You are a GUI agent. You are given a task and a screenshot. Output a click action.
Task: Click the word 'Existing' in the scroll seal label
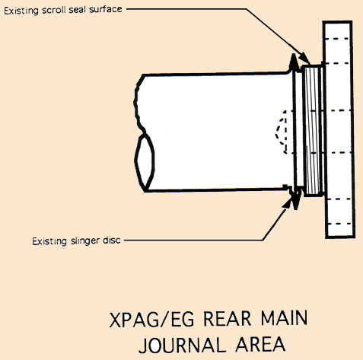coord(21,11)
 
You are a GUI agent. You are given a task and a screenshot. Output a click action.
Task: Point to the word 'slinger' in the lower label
coord(85,241)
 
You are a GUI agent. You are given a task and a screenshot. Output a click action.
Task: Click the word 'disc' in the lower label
coord(111,241)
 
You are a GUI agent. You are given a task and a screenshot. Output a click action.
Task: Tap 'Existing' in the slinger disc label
coord(49,241)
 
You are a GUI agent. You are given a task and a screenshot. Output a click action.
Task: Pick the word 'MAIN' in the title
coord(284,317)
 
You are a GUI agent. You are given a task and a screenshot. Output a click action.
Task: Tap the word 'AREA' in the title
coord(260,344)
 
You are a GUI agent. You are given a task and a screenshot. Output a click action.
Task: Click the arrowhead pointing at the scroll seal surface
coord(304,58)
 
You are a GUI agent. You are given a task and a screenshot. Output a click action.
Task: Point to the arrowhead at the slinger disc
coord(287,203)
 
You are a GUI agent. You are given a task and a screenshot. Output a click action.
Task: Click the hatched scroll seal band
coord(312,130)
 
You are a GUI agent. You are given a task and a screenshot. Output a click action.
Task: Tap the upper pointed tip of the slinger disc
coord(294,54)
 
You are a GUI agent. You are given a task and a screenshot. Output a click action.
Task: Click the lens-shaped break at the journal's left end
coord(145,162)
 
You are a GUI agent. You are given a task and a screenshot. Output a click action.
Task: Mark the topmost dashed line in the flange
coord(337,39)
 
